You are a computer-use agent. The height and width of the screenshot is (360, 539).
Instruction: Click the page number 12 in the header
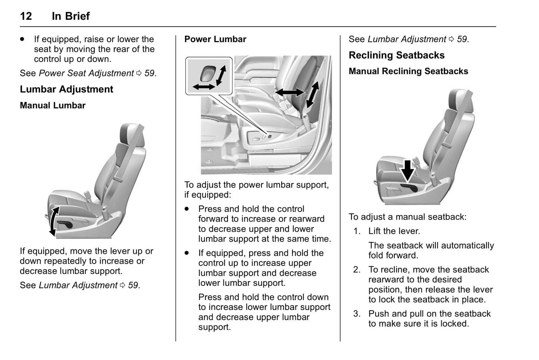pos(26,16)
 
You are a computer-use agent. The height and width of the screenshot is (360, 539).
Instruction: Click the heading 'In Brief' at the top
pos(70,16)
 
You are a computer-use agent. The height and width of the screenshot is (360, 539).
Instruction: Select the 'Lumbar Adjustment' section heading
pos(66,89)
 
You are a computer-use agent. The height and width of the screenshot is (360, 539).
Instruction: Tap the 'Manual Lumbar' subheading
pos(53,106)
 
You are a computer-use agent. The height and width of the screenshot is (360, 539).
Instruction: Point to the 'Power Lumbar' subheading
pos(215,39)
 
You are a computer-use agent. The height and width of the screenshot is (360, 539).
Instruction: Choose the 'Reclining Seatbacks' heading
pos(397,55)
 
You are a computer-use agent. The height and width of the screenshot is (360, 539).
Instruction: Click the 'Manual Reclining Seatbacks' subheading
pos(408,71)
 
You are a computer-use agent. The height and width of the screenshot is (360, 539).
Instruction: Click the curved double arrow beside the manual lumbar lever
pos(53,221)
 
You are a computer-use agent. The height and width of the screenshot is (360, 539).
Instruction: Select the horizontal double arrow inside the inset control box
pos(204,87)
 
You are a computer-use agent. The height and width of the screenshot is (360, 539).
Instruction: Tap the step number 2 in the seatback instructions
pos(357,270)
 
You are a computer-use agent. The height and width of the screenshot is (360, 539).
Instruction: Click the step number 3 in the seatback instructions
pos(357,314)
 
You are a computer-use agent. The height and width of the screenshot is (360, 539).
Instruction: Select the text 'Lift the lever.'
pos(394,231)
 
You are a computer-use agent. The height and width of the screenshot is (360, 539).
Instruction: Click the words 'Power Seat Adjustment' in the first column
pos(86,73)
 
